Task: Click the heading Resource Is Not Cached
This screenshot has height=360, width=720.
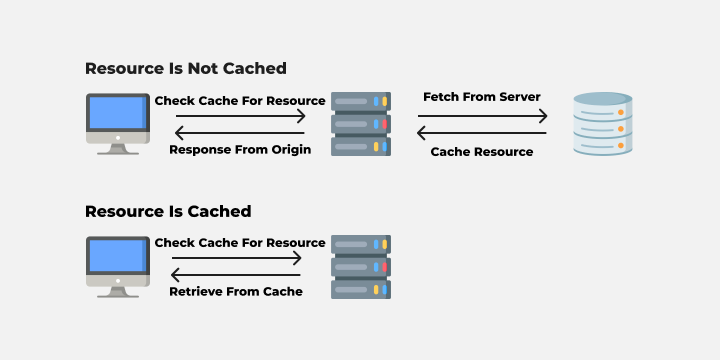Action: (186, 68)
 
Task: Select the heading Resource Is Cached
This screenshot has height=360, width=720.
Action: (168, 211)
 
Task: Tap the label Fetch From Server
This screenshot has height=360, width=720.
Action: (482, 97)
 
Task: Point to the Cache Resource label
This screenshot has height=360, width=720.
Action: (482, 151)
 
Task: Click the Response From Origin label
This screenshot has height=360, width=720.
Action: (240, 150)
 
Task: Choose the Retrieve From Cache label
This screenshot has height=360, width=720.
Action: (236, 292)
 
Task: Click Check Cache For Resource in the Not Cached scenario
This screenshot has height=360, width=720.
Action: (240, 100)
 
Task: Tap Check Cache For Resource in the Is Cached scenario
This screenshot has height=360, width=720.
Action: (240, 242)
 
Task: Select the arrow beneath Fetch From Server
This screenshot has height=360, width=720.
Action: (482, 116)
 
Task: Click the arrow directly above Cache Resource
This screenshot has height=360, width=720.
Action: (482, 132)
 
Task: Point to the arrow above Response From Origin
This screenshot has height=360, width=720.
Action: (240, 132)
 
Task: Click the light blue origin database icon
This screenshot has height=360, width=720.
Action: (603, 124)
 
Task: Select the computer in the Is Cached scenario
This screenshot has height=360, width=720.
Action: (118, 266)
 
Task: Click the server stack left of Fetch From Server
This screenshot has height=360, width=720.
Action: (361, 124)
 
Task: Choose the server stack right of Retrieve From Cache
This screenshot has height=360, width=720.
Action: (361, 266)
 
